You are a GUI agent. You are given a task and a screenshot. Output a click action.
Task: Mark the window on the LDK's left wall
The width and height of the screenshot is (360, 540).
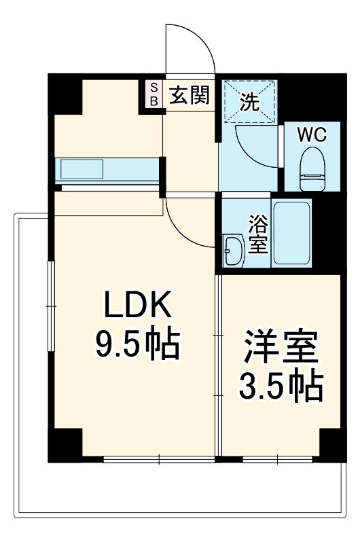pyautogui.click(x=51, y=306)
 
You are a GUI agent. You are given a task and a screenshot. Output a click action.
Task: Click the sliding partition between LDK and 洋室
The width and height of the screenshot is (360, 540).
pyautogui.click(x=218, y=367)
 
